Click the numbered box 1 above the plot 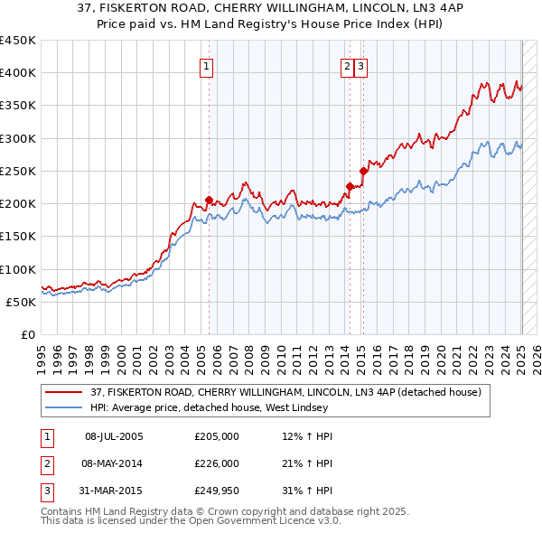[208, 65]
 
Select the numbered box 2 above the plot [348, 65]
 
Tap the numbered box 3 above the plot [360, 65]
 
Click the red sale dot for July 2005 [209, 201]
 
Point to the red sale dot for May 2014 [350, 187]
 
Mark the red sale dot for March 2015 [363, 171]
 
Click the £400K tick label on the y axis [18, 73]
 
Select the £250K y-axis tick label [18, 171]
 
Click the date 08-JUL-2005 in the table [115, 436]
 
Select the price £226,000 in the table [217, 463]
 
